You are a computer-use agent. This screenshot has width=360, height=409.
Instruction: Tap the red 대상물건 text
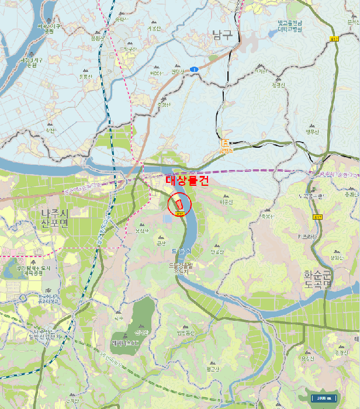pos(187,181)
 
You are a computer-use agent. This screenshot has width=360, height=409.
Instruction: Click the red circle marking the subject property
pos(179,204)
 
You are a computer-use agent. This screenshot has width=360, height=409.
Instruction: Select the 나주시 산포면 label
pos(55,219)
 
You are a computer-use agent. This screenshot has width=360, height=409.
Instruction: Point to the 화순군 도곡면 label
pos(318,279)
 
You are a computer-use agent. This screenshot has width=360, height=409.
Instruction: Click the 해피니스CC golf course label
pos(126,343)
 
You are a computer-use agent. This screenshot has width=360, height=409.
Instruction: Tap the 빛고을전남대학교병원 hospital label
pos(289,26)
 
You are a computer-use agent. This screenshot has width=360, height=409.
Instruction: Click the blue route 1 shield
pos(194,69)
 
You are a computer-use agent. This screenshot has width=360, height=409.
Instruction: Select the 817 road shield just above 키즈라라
pos(318,217)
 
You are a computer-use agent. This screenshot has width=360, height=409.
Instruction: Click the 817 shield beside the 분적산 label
pos(335,39)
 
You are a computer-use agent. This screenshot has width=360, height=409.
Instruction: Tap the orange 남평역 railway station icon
pos(226,143)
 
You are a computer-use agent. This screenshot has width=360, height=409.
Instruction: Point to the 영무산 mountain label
pos(313,131)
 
